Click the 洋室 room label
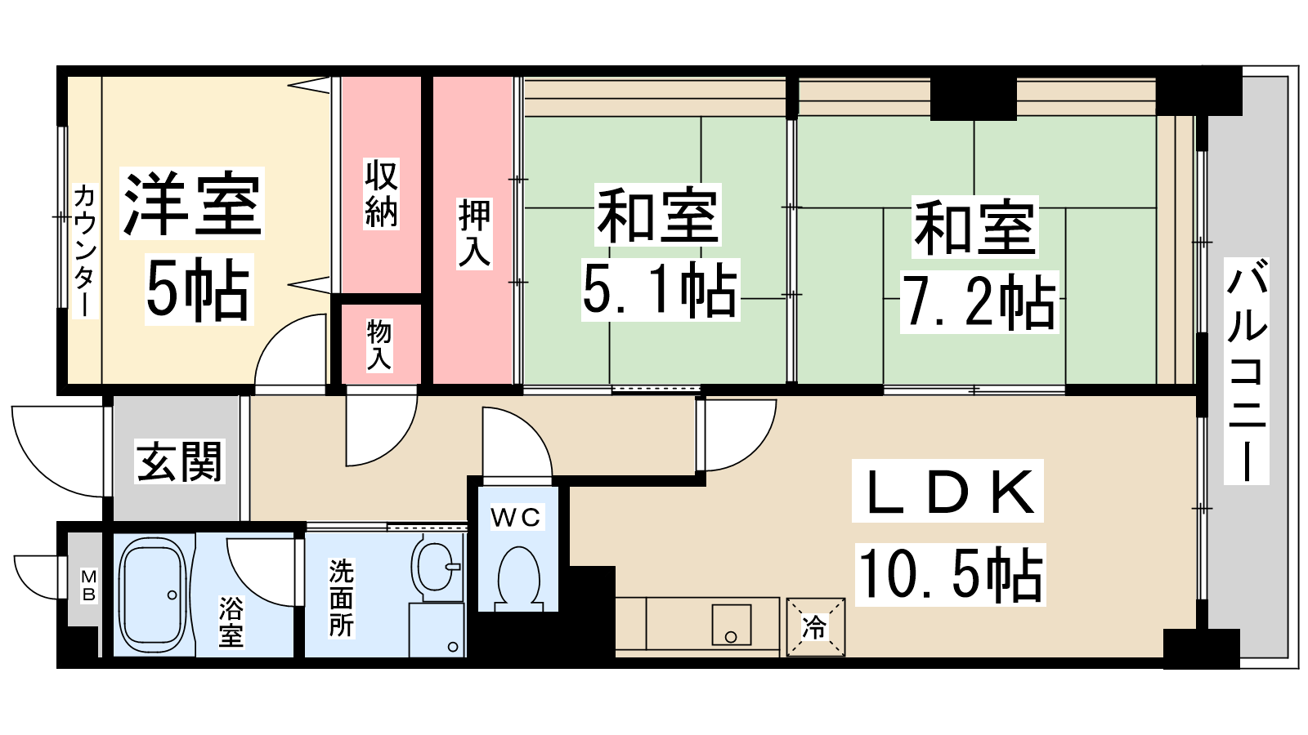191,203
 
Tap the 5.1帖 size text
661,290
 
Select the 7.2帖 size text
979,302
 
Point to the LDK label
947,491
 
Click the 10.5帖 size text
950,575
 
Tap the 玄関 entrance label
179,461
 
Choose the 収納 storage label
381,193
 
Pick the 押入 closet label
474,234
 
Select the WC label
516,517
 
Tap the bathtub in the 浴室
154,595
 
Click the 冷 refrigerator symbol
815,627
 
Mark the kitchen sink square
731,624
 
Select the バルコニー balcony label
1246,371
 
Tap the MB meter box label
89,586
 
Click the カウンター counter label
85,252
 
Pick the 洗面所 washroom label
342,599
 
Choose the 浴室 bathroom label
231,621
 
